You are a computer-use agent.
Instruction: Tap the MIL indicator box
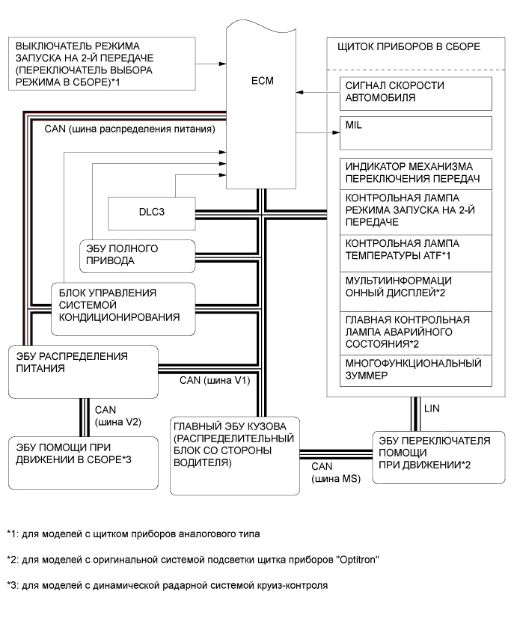[415, 132]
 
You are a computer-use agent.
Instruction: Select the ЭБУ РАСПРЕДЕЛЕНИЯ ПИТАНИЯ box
[82, 371]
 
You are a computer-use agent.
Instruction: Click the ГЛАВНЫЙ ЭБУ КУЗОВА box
[234, 454]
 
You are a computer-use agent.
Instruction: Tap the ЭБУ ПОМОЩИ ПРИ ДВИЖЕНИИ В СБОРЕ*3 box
[82, 453]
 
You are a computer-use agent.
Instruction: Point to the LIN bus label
[432, 409]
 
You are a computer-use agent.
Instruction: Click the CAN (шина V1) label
[214, 380]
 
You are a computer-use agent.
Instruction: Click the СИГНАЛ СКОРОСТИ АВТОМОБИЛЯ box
[415, 92]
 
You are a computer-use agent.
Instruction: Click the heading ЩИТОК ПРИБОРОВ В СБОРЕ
[409, 47]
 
